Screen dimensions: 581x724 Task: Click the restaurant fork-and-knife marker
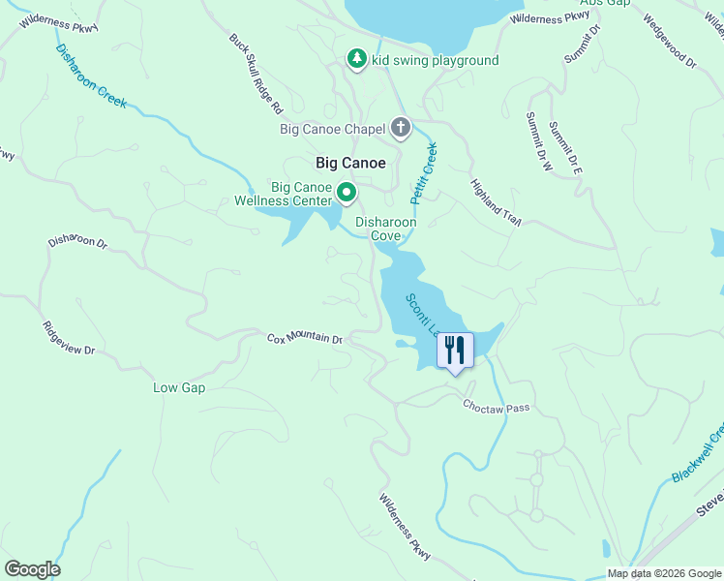tap(455, 350)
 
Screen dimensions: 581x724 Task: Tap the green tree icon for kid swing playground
tap(357, 60)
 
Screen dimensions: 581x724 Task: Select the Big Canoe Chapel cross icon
tap(401, 128)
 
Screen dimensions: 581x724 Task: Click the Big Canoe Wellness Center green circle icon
tap(346, 193)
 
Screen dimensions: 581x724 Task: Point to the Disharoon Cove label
tap(385, 229)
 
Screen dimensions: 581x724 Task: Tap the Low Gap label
tap(179, 388)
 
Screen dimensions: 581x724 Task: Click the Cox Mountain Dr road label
tap(305, 338)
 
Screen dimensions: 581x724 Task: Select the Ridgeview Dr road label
tap(69, 336)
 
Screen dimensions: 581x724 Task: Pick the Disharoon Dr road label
tap(77, 241)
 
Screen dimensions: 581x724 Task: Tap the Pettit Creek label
tap(423, 172)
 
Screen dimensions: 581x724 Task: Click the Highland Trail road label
tap(497, 202)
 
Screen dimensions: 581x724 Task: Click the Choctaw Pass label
tap(496, 407)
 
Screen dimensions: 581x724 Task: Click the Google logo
tap(32, 569)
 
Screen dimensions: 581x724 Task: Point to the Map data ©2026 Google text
tap(663, 573)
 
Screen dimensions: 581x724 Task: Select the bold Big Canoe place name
tap(350, 163)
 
